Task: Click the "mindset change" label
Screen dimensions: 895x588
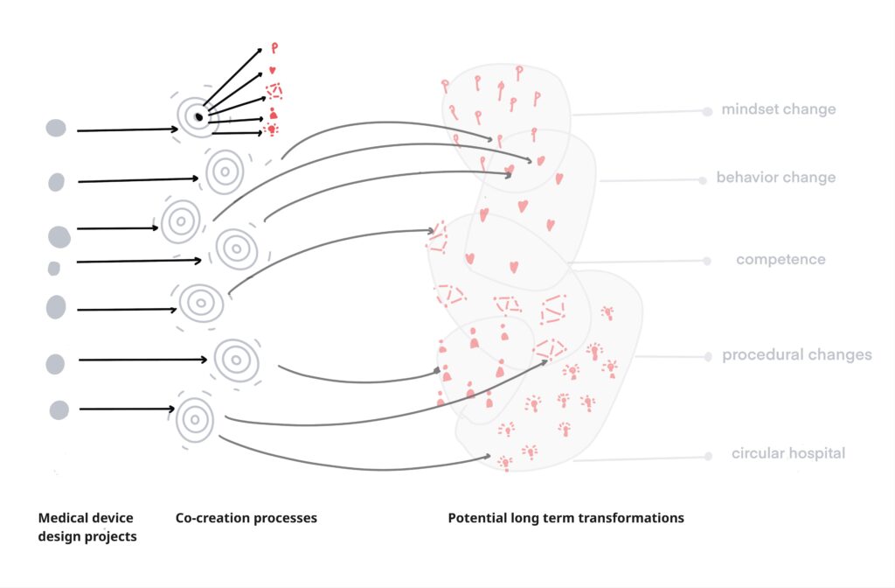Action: coord(779,109)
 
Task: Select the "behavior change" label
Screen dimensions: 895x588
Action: coord(776,177)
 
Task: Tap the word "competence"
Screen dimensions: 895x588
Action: coord(781,259)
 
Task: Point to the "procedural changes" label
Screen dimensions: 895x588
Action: coord(797,355)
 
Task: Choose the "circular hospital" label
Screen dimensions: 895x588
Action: coord(788,453)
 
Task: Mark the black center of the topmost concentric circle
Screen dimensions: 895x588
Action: coord(198,117)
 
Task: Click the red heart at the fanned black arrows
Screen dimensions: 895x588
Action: coord(273,70)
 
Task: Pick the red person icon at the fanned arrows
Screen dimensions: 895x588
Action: coord(274,113)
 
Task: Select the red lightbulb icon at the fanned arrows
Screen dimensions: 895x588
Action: coord(273,129)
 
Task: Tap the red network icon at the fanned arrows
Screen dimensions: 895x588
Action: coord(274,91)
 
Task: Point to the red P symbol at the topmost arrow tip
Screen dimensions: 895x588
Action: coord(274,48)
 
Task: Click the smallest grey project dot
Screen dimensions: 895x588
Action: coord(53,268)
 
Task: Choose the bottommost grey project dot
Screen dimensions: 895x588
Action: coord(59,409)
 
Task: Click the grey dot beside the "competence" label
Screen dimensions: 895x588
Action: coord(706,261)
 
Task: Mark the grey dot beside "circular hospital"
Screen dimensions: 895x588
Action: coord(708,456)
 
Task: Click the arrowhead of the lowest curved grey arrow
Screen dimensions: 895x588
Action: coord(488,456)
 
